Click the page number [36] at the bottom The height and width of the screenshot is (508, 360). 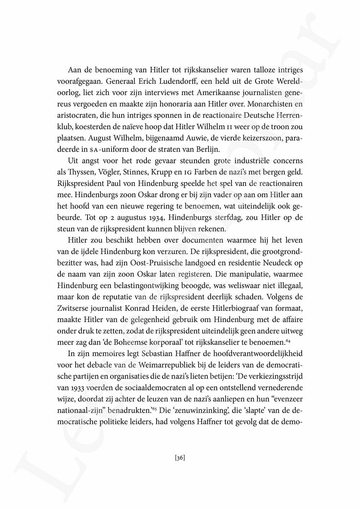[x=180, y=458]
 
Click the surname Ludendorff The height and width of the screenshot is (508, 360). [x=160, y=81]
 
